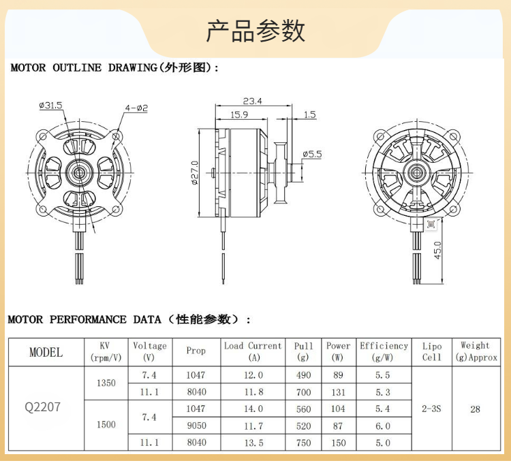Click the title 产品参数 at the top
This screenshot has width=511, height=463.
pos(255,31)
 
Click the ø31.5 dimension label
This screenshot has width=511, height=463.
pos(50,105)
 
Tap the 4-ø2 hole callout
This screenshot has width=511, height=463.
pos(136,108)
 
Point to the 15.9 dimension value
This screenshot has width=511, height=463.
pos(239,115)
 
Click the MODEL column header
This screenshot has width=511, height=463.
pos(46,352)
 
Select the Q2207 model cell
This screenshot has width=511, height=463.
pos(42,408)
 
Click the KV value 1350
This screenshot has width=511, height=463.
pos(106,383)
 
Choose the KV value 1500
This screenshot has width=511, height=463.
pos(106,425)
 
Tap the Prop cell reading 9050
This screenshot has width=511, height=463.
pos(196,426)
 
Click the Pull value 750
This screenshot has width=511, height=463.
pos(304,443)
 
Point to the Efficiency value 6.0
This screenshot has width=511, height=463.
pos(383,426)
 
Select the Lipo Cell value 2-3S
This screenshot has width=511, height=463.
pos(431,409)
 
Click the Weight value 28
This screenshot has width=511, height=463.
pos(475,409)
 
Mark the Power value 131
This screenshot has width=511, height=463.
pos(338,392)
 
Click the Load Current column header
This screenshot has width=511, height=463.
pos(253,351)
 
